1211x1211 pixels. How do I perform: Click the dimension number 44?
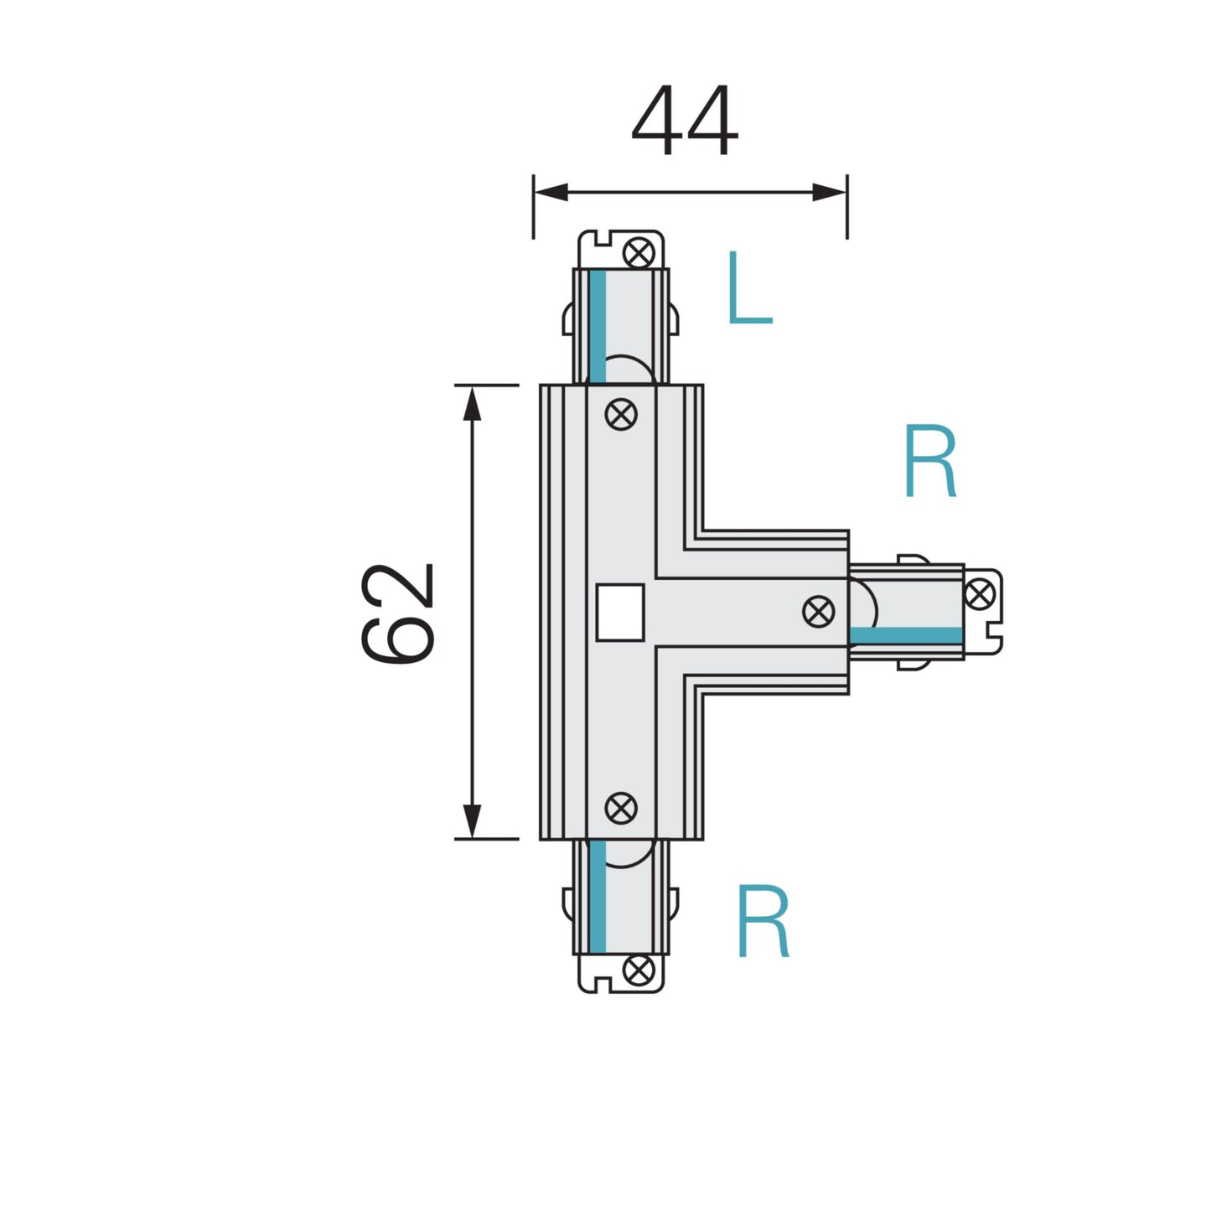pos(685,122)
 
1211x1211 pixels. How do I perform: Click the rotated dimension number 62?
pos(399,613)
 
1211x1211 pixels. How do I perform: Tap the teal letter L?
pos(748,288)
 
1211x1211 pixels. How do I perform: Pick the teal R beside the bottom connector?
pos(763,922)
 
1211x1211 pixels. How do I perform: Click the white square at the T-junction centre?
pos(620,613)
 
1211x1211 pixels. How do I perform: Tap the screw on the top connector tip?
pos(640,252)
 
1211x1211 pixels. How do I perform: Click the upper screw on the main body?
pos(621,414)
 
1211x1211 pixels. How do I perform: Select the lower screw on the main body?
pos(621,809)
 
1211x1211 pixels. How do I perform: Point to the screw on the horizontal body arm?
pos(819,612)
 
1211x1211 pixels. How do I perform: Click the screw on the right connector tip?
pos(980,594)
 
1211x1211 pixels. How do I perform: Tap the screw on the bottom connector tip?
pos(640,971)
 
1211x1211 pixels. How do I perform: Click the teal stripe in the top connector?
pos(598,327)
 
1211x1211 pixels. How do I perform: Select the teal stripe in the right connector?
pos(906,635)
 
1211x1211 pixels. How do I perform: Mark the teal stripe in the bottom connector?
pos(598,897)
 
